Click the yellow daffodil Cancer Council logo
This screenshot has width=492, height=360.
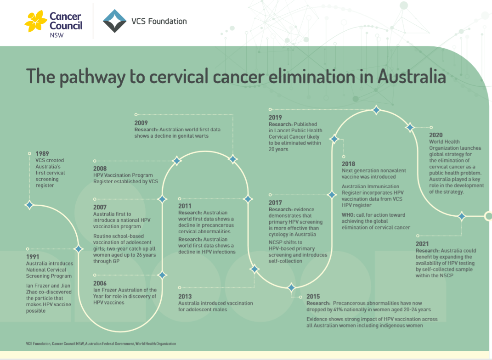click(x=36, y=21)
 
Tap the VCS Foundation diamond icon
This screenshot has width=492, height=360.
click(x=114, y=21)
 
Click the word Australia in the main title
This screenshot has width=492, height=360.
click(x=411, y=76)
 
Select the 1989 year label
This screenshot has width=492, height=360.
click(x=42, y=154)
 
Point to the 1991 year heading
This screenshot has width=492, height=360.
click(x=33, y=257)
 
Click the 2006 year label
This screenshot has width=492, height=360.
click(x=100, y=283)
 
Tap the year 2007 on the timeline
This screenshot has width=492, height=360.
click(x=100, y=207)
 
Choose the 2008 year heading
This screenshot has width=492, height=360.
click(x=100, y=169)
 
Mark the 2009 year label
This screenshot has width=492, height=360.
click(x=141, y=123)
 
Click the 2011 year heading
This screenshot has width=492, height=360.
click(x=185, y=206)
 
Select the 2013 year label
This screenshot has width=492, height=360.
click(x=185, y=296)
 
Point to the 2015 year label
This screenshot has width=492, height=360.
click(x=313, y=296)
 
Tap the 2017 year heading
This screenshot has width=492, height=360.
click(x=275, y=202)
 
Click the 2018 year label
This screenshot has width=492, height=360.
click(x=348, y=164)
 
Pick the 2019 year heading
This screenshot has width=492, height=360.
click(x=275, y=118)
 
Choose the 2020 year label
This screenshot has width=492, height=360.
click(x=436, y=135)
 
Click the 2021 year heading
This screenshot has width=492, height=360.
click(x=422, y=244)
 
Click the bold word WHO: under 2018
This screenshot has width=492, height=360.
click(x=348, y=215)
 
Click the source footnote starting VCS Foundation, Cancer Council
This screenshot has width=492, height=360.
click(x=101, y=343)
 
